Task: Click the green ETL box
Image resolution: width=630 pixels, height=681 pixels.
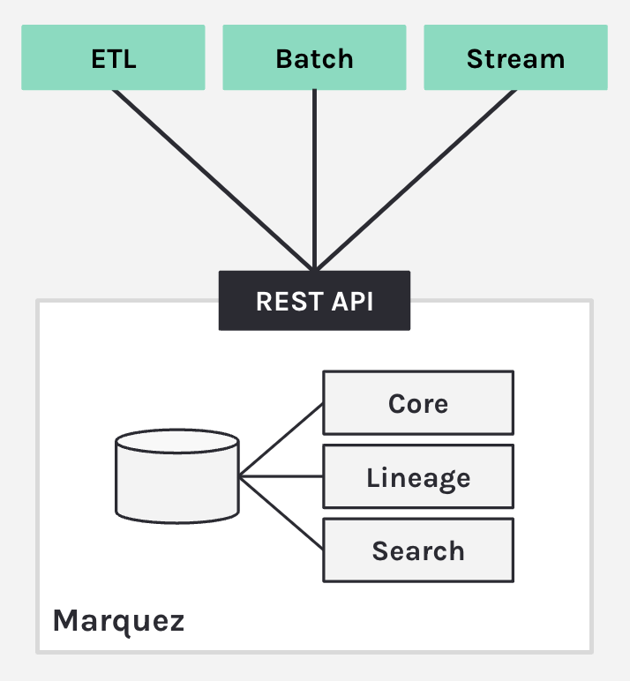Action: tap(113, 58)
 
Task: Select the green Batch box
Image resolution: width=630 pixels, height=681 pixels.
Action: tap(314, 58)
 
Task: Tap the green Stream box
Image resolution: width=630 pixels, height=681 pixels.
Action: tap(515, 58)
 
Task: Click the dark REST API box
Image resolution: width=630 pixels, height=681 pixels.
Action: tap(314, 301)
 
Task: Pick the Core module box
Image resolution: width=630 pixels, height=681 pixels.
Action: tap(417, 403)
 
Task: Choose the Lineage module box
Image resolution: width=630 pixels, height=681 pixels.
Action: tap(417, 477)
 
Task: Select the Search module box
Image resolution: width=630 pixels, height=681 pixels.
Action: tap(417, 550)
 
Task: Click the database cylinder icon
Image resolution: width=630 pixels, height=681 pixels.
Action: tap(177, 476)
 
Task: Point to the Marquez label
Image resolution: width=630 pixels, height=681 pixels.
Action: tap(118, 620)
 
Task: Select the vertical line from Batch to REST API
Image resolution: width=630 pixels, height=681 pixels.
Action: tap(314, 176)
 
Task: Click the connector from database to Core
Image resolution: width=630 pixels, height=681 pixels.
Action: tap(282, 439)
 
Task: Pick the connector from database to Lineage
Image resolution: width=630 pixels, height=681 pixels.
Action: tap(282, 476)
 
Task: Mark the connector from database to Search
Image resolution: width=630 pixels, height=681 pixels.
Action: tap(282, 513)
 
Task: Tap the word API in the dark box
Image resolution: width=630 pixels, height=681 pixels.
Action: tap(351, 301)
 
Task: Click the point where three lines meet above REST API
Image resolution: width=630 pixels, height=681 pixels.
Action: tap(314, 267)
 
